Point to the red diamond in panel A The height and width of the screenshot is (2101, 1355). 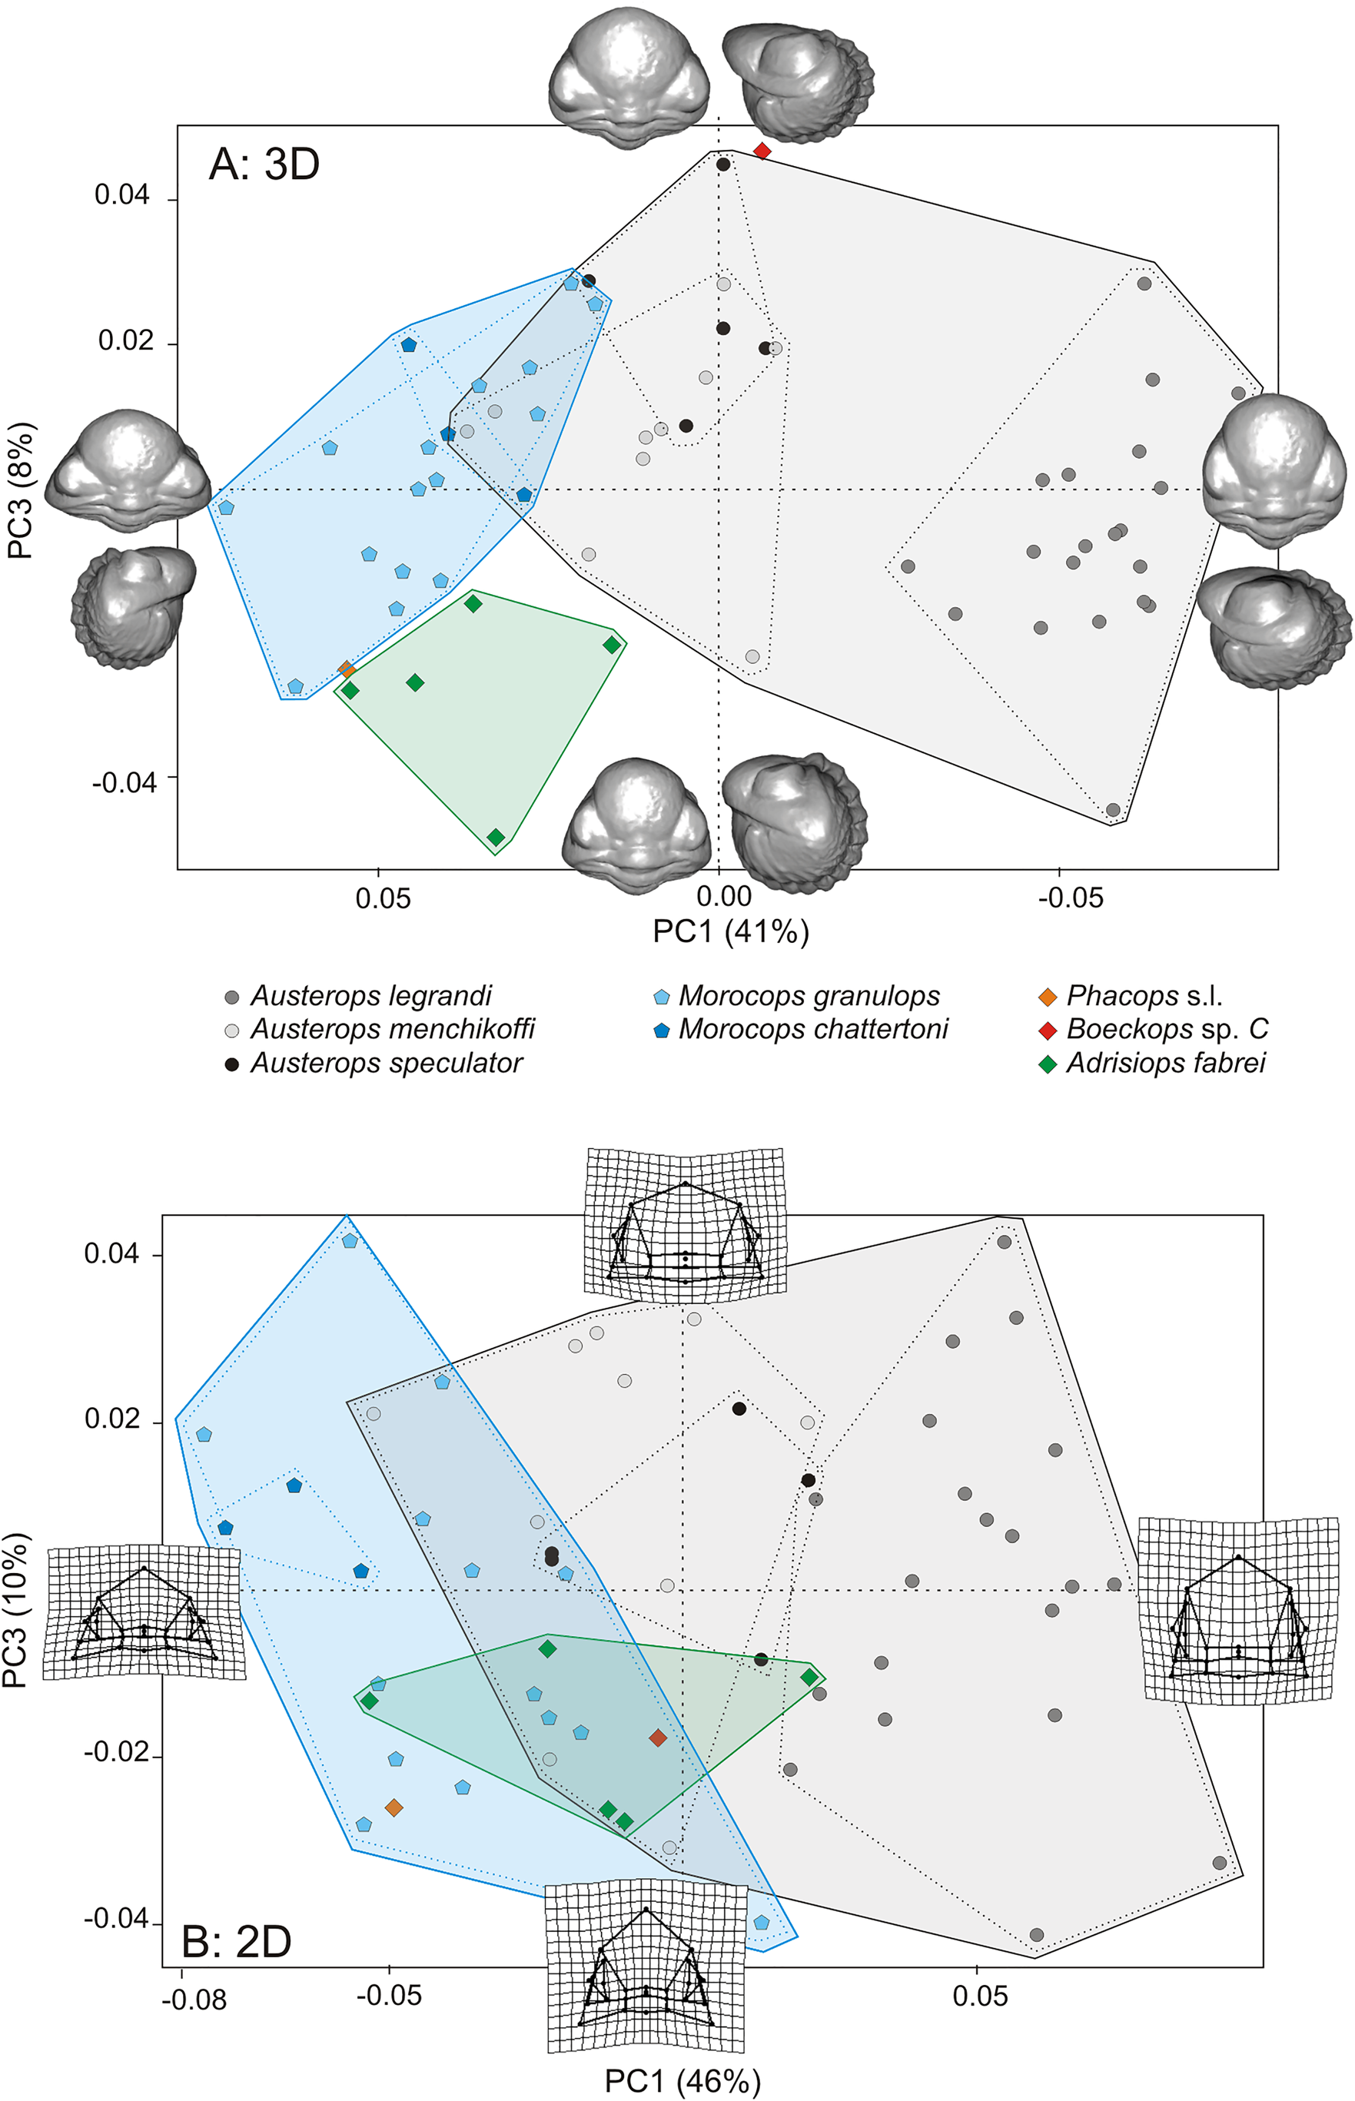point(762,151)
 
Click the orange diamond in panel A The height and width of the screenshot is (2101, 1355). point(347,669)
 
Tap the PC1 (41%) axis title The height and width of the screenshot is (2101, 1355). point(730,931)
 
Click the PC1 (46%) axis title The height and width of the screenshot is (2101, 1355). point(682,2081)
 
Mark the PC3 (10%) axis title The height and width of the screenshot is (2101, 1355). point(18,1610)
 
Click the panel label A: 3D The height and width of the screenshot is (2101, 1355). point(264,164)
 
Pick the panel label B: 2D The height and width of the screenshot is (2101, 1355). point(236,1941)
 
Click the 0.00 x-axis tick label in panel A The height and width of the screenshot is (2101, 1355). point(723,897)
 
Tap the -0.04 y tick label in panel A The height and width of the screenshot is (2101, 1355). point(124,782)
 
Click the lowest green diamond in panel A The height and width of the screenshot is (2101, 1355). point(497,837)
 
